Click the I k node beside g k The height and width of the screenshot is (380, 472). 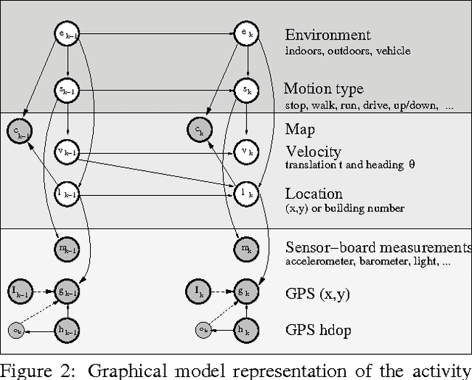[x=198, y=292]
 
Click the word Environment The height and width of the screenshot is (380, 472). [x=327, y=35]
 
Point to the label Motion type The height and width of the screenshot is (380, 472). [x=324, y=89]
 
